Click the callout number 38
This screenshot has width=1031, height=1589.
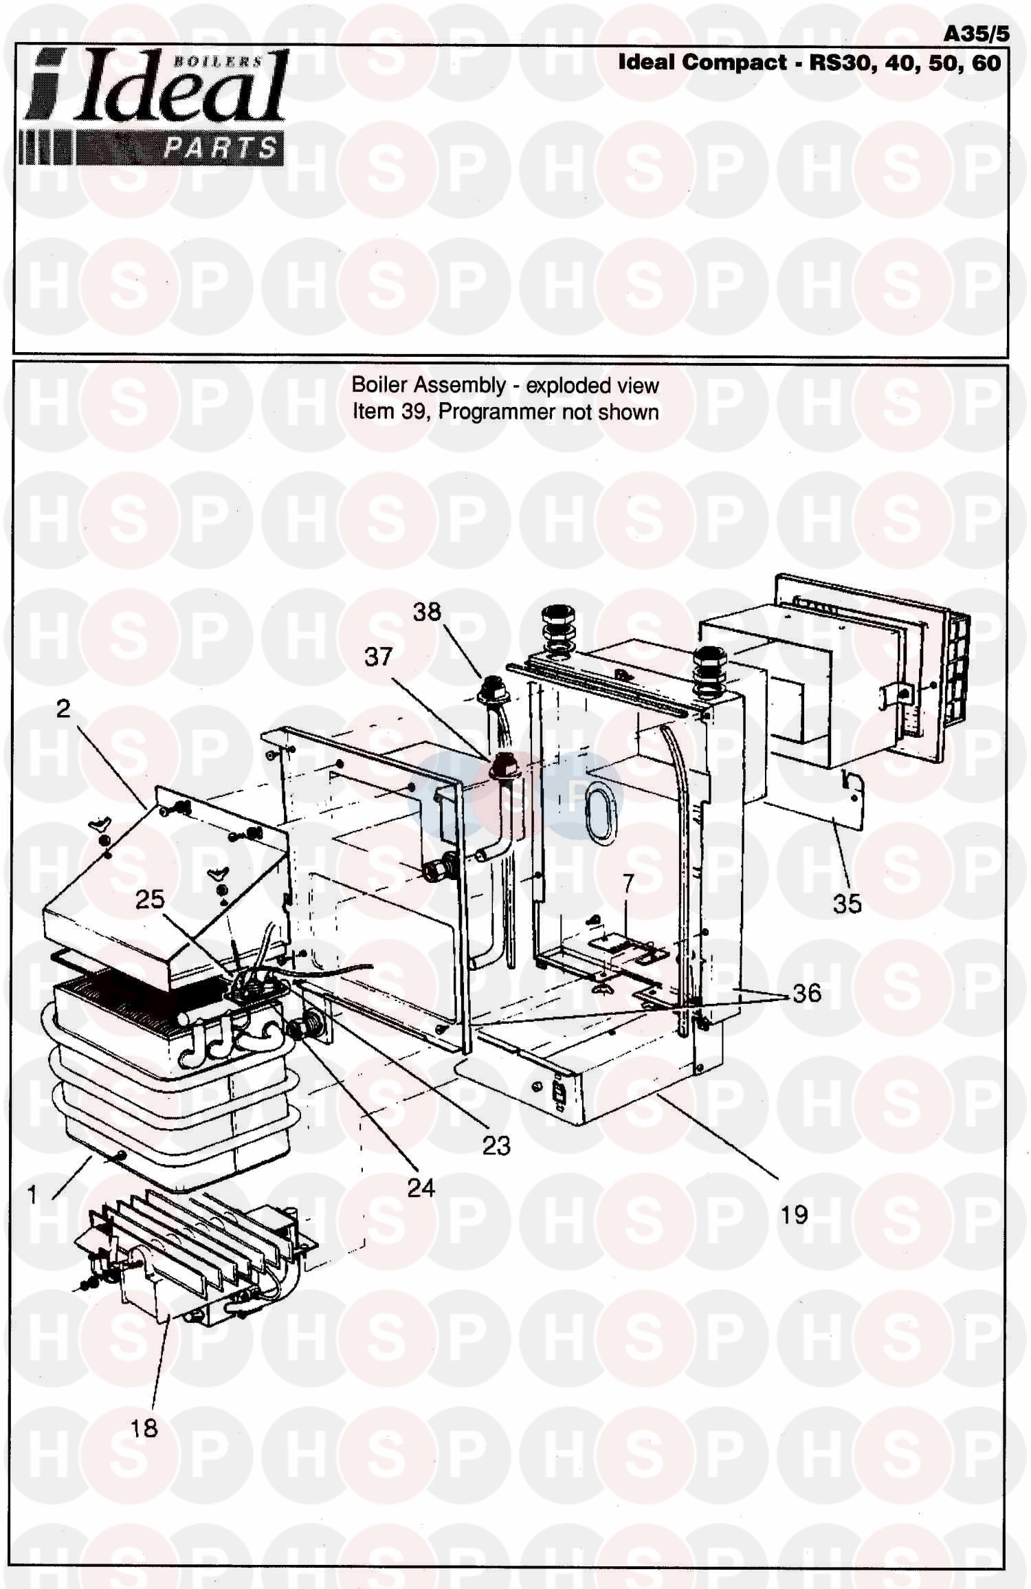426,611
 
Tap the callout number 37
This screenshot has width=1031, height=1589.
378,657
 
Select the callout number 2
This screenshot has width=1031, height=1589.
63,709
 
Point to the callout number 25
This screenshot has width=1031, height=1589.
150,899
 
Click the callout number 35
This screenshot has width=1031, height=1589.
847,903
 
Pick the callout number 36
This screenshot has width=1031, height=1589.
806,993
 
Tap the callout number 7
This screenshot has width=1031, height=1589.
628,884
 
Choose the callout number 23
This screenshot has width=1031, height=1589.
496,1146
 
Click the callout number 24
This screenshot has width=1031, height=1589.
421,1187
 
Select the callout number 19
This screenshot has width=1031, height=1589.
794,1215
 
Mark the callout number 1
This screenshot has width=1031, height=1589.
32,1196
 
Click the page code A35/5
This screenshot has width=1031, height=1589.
976,34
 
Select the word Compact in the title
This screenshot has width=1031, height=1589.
735,63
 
